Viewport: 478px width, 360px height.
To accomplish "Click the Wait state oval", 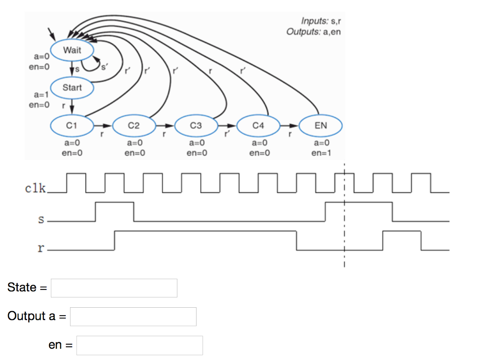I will [72, 50].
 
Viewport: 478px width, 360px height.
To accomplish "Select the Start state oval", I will [72, 88].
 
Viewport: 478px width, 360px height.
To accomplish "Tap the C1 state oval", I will [72, 126].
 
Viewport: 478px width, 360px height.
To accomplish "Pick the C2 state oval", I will [134, 126].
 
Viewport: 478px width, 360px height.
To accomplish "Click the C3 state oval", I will [196, 126].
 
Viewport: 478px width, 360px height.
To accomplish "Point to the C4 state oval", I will [258, 126].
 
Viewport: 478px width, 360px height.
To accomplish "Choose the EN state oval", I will [321, 126].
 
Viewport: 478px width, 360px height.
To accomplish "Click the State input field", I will [114, 288].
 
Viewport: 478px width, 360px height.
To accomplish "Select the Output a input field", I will [133, 317].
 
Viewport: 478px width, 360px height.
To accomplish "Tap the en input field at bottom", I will [140, 346].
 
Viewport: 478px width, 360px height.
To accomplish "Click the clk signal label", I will [35, 189].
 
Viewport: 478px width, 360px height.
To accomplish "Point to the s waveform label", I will [41, 219].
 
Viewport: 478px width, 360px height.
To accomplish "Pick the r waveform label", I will [41, 248].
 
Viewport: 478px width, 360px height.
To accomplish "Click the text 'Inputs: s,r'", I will [321, 21].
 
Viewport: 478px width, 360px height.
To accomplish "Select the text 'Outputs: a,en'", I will [314, 32].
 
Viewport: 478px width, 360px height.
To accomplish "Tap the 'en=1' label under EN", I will [321, 152].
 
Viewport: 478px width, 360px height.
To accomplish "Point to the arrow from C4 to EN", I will [289, 126].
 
